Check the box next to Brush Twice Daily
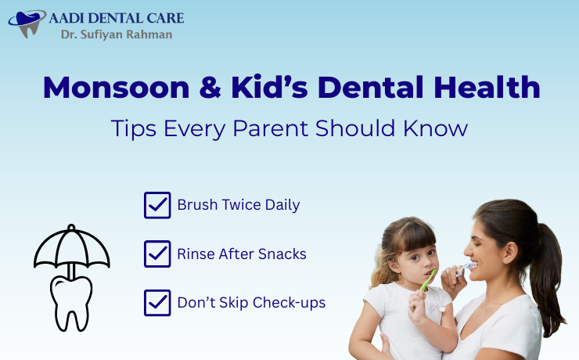tap(157, 205)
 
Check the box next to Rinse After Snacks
tap(157, 254)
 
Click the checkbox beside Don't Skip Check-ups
tap(157, 302)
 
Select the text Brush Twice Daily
tap(239, 205)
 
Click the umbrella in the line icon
tap(71, 249)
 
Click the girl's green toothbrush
tap(428, 281)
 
